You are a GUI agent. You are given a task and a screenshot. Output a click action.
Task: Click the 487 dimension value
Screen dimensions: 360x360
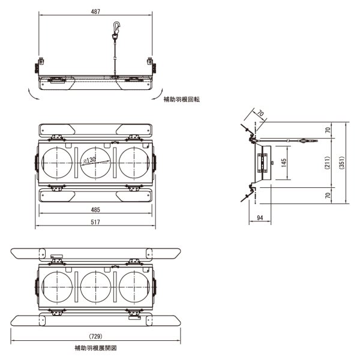click(96, 11)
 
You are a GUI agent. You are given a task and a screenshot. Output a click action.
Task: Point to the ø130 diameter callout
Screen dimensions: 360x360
click(90, 160)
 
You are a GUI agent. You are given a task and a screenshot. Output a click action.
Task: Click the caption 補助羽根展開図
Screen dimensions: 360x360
click(95, 349)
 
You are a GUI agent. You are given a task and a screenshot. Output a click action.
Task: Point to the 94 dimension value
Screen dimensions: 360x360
click(260, 218)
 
